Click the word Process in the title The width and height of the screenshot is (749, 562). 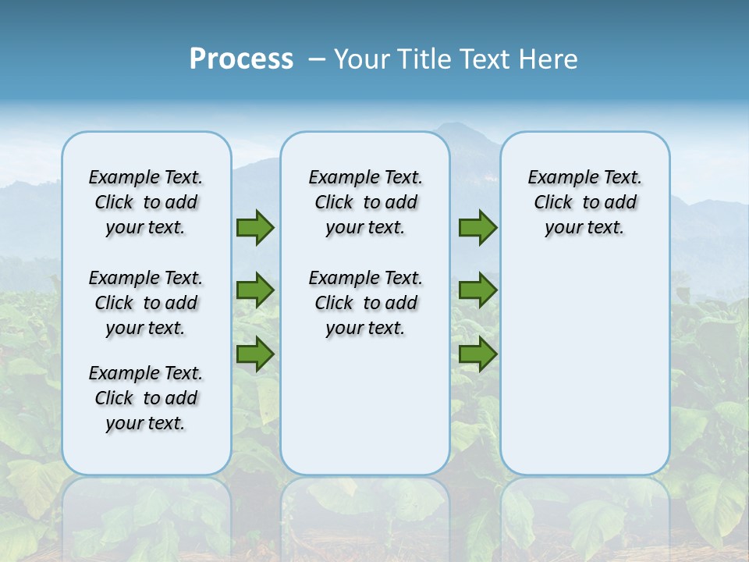241,59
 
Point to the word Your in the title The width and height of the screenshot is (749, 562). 363,59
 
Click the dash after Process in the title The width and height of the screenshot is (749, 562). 317,60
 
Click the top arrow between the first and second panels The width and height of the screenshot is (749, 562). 255,228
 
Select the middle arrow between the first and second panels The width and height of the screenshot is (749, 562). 255,290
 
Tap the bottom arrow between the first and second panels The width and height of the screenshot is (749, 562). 255,354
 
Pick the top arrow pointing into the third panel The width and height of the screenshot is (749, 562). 477,228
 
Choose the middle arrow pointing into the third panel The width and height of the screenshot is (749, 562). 477,290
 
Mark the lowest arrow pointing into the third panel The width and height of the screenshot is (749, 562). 477,354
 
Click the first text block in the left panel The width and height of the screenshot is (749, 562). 146,202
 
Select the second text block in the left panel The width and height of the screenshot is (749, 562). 146,303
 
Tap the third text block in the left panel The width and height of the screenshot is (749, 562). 146,398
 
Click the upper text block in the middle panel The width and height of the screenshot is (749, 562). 365,202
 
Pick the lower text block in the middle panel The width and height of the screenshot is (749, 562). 365,303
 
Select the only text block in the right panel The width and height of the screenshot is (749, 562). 584,202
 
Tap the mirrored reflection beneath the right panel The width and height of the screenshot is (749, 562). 584,515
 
